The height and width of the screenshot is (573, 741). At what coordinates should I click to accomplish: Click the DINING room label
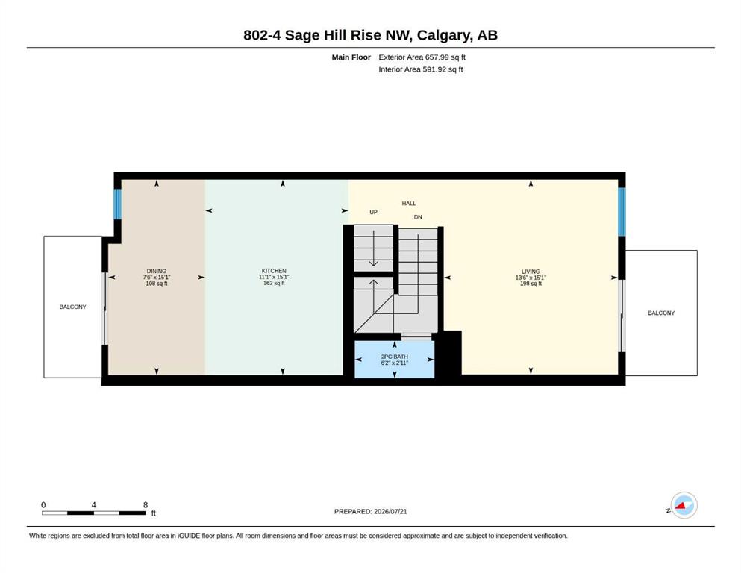point(157,271)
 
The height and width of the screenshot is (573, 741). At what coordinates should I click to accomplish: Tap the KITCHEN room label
point(274,271)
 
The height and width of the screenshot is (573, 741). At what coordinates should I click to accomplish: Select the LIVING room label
point(531,272)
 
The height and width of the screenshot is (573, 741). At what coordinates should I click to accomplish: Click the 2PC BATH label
point(395,357)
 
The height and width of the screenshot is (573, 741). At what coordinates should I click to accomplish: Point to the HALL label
point(409,204)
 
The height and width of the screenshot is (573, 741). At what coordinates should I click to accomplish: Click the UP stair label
point(373,213)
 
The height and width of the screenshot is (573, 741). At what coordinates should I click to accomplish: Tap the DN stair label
point(418,217)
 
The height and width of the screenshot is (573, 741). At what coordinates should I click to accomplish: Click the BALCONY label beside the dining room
point(73,307)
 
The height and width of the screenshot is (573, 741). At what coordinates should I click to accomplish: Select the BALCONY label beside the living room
point(661,313)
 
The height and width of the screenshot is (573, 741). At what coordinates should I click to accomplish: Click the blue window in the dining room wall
point(117,204)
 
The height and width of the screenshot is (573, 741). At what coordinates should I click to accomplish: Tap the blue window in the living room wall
point(622,212)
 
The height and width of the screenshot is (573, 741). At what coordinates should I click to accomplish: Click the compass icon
point(684,505)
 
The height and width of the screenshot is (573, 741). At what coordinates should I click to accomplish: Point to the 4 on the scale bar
point(93,505)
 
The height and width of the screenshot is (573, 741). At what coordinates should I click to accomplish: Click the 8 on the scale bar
point(146,505)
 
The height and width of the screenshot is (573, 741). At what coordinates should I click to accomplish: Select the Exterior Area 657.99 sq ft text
point(422,57)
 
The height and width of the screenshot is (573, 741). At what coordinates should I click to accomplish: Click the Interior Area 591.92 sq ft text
point(421,69)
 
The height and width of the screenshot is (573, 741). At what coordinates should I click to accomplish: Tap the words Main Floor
point(351,57)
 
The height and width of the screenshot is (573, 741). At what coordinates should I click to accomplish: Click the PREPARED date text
point(370,511)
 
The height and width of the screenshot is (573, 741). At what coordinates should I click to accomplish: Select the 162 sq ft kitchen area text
point(274,284)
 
